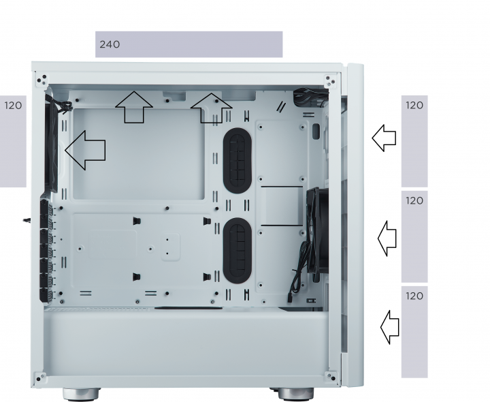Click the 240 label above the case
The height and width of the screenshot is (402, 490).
coord(110,44)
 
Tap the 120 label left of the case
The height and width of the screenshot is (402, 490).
coord(13,106)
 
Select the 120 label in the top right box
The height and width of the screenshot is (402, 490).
coord(414,106)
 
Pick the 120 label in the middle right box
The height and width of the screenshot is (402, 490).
coord(414,201)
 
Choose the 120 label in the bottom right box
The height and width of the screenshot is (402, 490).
coord(414,296)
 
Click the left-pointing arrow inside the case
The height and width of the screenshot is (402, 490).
coord(85,151)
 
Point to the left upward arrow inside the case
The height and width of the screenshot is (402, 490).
coord(134,107)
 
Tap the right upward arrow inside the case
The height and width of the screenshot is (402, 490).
coord(211,108)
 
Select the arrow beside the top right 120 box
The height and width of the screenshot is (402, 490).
coord(384,138)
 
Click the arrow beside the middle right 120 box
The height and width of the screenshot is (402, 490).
coord(387,238)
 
